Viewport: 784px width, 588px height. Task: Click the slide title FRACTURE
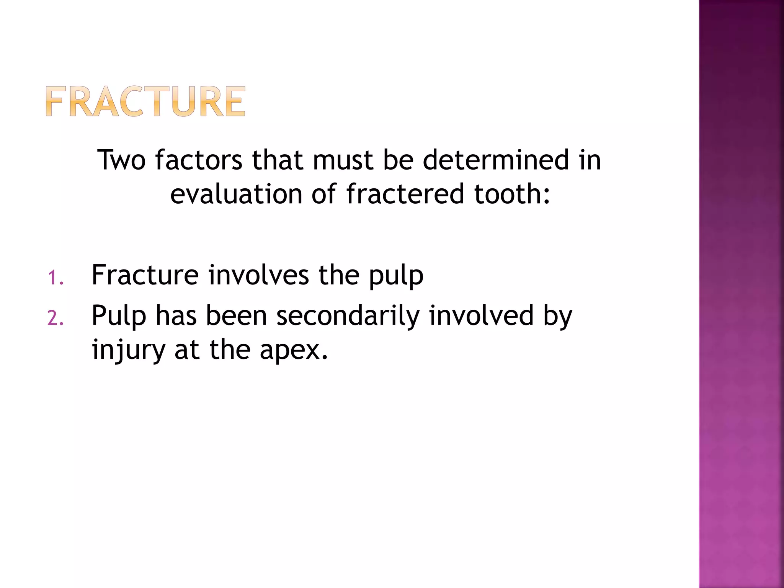[x=145, y=101]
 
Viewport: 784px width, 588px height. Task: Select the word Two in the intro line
[x=121, y=160]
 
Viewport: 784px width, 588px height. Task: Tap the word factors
[x=199, y=160]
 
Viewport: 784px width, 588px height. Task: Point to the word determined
[x=496, y=160]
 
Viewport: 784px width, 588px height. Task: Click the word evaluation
[x=236, y=194]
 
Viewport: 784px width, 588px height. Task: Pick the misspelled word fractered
[x=405, y=194]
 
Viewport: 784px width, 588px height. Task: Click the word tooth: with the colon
[x=512, y=194]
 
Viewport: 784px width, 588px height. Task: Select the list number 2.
[x=55, y=318]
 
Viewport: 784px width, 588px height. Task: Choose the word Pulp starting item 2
[x=119, y=316]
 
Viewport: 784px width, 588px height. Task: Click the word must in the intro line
[x=343, y=160]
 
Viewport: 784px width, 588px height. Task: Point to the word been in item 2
[x=236, y=316]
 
